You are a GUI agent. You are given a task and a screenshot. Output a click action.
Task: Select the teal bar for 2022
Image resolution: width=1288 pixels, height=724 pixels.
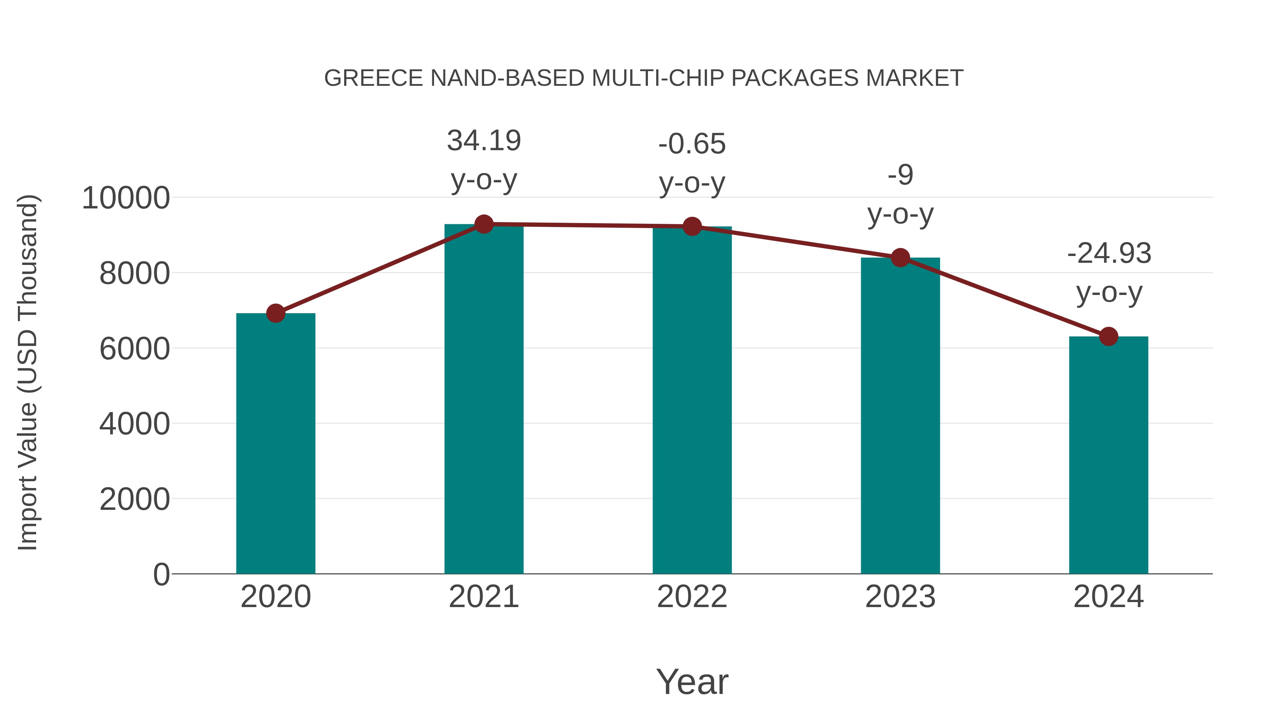coord(692,400)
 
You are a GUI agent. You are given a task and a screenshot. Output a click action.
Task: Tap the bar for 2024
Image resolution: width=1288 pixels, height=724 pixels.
coord(1108,455)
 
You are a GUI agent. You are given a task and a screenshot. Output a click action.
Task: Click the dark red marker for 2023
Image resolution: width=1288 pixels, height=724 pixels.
coord(900,258)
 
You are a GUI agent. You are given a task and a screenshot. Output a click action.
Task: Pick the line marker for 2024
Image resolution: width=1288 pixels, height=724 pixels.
coord(1108,336)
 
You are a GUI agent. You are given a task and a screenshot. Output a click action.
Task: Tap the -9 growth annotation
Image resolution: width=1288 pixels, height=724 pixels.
coord(900,175)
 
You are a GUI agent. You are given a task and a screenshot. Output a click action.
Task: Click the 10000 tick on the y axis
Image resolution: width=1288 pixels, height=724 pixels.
coord(126,198)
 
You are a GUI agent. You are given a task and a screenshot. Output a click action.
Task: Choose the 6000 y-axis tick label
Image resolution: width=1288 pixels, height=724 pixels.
coord(135,349)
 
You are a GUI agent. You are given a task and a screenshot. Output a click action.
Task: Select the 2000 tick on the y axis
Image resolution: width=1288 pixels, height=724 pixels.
coord(135,499)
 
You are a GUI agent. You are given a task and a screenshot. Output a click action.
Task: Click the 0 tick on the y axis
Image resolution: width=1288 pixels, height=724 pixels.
coord(161,575)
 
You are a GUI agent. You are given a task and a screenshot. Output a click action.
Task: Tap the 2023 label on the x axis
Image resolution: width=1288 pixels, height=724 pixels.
coord(900,597)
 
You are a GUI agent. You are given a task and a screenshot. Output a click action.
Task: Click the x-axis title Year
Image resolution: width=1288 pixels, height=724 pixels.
coord(692,681)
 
